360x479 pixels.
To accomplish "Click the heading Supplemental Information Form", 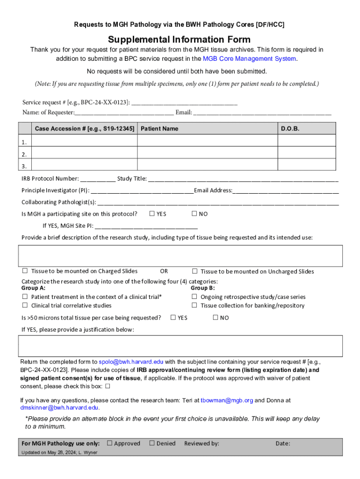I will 180,40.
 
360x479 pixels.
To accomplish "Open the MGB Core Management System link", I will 249,58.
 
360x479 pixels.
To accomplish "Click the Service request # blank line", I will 185,102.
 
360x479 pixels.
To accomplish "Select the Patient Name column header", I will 159,129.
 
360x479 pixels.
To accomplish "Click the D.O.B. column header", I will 290,129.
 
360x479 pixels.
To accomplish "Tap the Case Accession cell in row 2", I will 84,154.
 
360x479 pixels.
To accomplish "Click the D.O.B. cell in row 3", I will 307,166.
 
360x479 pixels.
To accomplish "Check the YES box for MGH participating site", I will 152,214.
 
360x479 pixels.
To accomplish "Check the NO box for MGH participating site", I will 194,214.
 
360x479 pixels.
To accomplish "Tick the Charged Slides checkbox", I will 25,271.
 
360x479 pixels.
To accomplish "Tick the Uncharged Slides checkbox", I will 194,271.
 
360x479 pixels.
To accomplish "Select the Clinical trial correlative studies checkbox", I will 25,305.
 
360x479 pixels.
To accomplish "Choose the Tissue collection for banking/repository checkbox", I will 194,305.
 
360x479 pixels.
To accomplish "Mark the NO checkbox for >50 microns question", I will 216,318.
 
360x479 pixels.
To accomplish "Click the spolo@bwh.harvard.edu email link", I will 131,362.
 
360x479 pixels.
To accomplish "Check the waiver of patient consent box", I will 108,386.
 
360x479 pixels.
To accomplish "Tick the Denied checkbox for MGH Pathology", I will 151,443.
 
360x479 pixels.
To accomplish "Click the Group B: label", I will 202,288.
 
